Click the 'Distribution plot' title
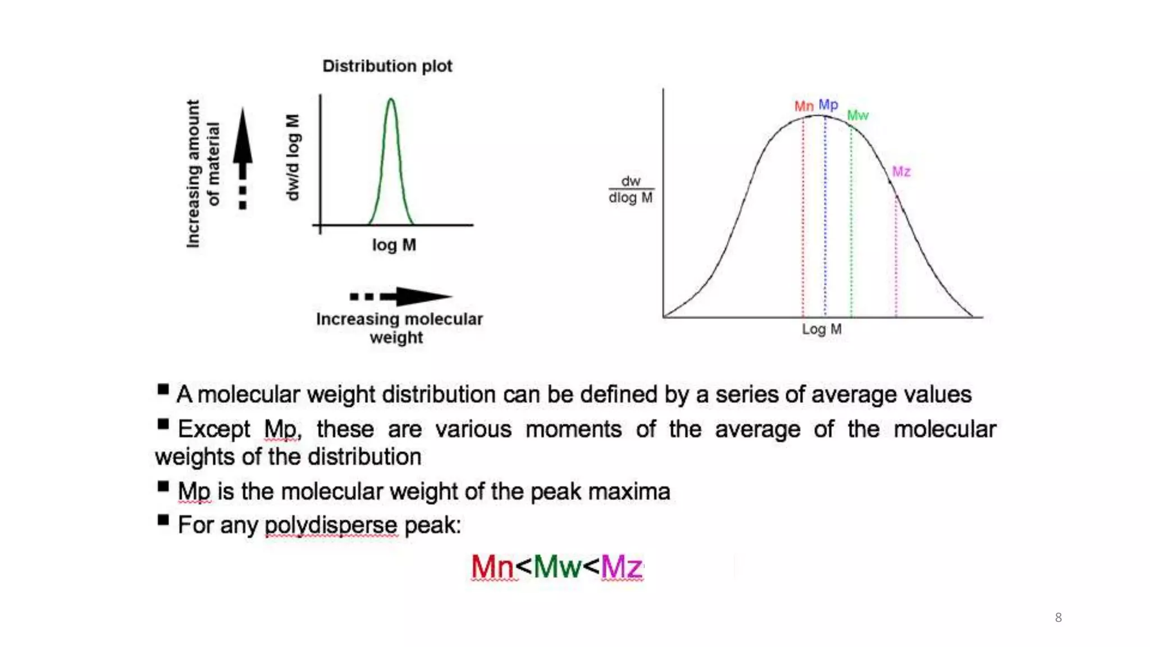coord(387,66)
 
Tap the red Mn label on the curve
coord(804,106)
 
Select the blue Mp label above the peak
coord(828,104)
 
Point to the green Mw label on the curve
coord(857,115)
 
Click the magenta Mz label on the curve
coord(901,171)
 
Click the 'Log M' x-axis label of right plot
coord(821,329)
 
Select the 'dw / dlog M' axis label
coord(631,190)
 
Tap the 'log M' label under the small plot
coord(394,245)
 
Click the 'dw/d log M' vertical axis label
coord(293,157)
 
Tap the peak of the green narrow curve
coord(391,100)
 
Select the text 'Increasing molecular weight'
coord(399,328)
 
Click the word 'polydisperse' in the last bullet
coord(331,526)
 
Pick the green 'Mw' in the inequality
coord(556,566)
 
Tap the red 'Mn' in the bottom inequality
coord(492,566)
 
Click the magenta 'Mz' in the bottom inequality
coord(621,566)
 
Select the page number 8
coord(1058,618)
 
